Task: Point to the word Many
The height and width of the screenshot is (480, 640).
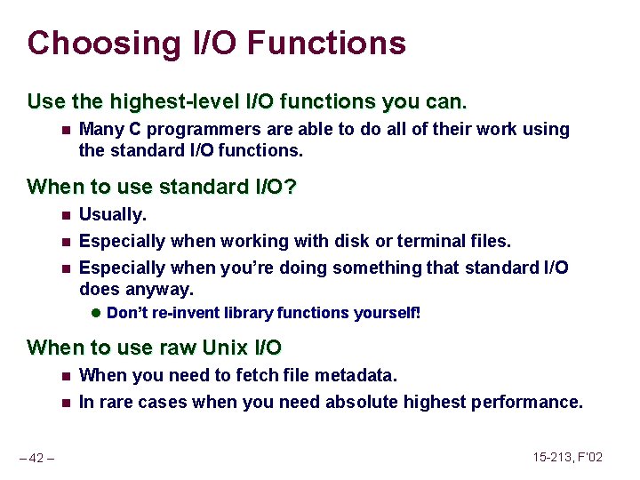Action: point(100,130)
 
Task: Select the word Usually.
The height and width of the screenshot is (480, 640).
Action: point(113,214)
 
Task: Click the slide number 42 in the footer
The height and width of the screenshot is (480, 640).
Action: point(36,458)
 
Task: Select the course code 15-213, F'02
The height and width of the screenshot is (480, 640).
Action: point(568,457)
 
